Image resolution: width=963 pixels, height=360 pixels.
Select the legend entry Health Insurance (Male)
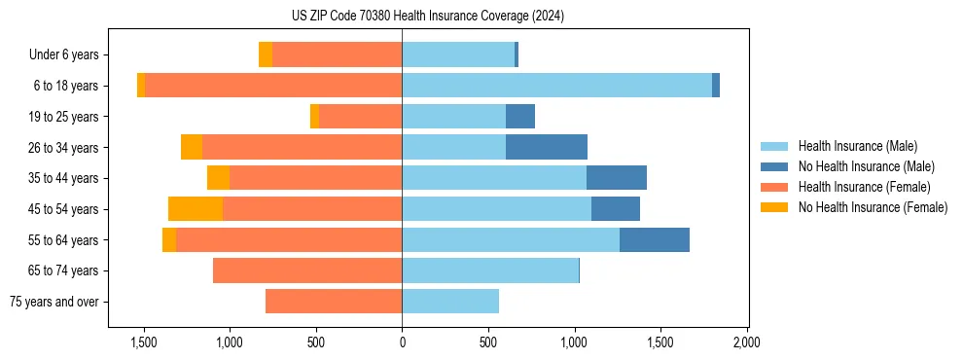pyautogui.click(x=857, y=146)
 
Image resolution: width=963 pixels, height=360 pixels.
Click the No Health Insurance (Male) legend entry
pyautogui.click(x=866, y=166)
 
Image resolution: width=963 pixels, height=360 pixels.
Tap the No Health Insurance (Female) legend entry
pyautogui.click(x=873, y=207)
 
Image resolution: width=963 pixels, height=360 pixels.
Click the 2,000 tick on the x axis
pyautogui.click(x=746, y=342)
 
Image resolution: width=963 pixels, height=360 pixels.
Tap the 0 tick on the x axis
pyautogui.click(x=402, y=342)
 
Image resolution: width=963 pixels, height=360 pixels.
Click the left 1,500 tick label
pyautogui.click(x=143, y=342)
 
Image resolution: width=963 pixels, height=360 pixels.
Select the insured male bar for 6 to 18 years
pyautogui.click(x=556, y=86)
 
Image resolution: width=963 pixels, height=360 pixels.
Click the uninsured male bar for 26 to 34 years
pyautogui.click(x=547, y=147)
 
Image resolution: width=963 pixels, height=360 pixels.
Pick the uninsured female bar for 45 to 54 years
pyautogui.click(x=196, y=209)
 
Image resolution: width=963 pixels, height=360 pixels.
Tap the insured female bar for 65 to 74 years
pyautogui.click(x=307, y=270)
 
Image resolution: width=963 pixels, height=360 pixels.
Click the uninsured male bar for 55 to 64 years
pyautogui.click(x=655, y=239)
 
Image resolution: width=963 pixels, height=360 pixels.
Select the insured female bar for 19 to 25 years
pyautogui.click(x=360, y=117)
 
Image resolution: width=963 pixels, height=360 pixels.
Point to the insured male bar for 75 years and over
pyautogui.click(x=450, y=302)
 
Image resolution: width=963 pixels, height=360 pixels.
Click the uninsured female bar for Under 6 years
pyautogui.click(x=266, y=55)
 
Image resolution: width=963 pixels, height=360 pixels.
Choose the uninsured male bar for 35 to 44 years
pyautogui.click(x=617, y=178)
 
